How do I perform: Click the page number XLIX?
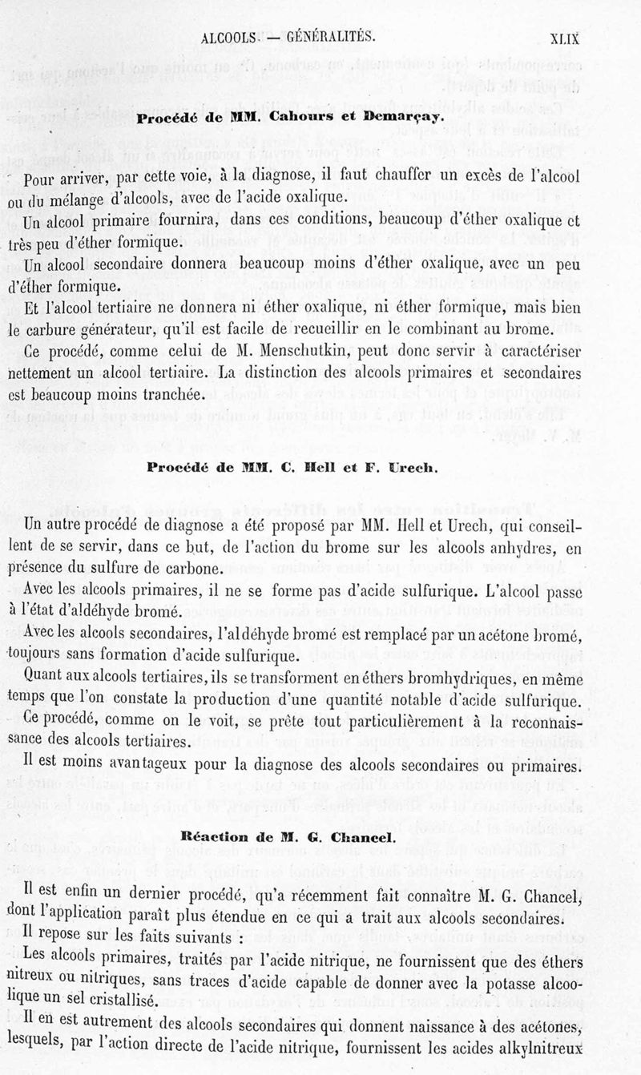point(564,37)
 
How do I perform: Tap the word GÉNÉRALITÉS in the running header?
point(325,37)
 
